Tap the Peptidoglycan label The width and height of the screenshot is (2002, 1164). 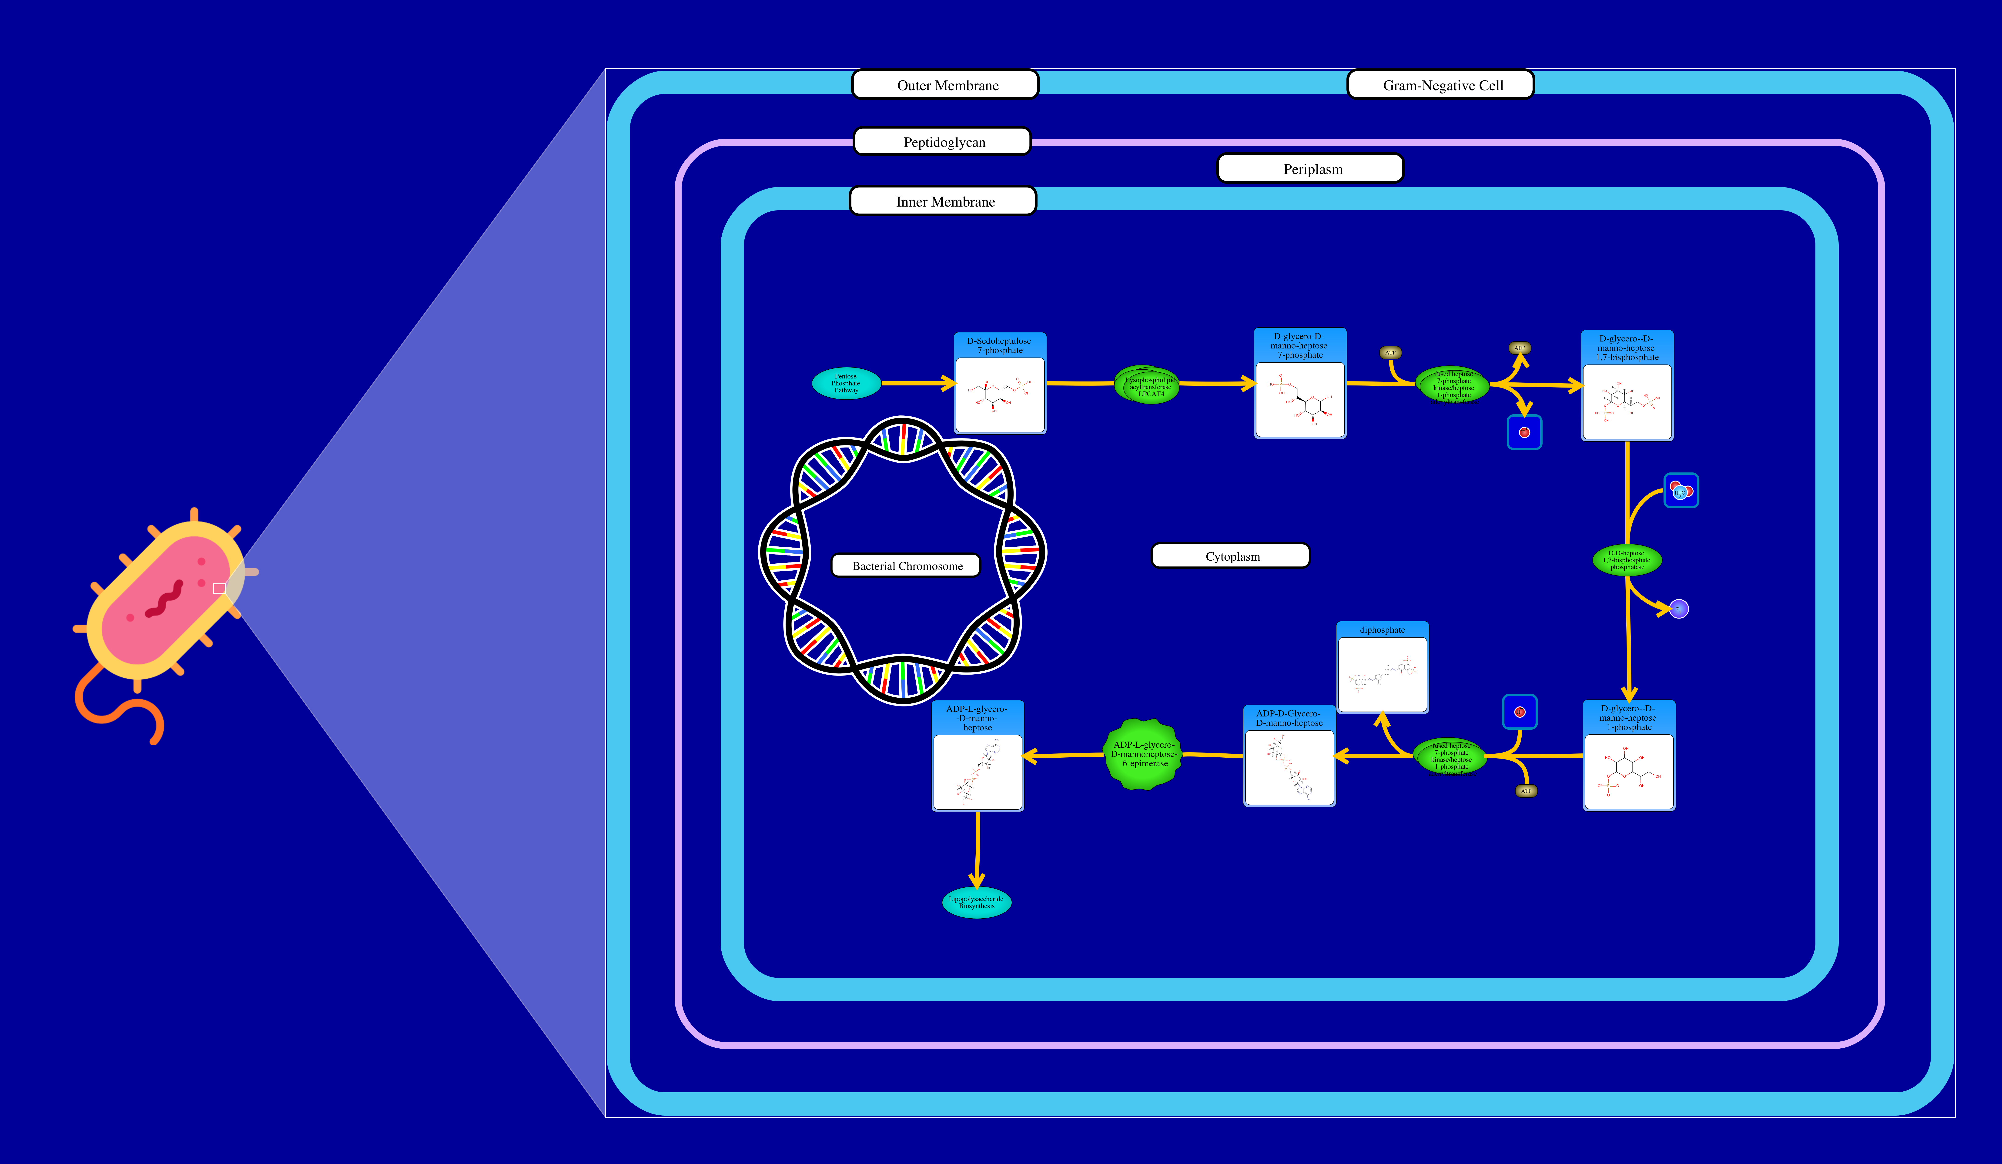(942, 141)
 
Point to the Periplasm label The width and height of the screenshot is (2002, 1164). (1311, 168)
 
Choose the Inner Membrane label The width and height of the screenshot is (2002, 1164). (943, 201)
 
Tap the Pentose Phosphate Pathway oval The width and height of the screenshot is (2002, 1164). (846, 383)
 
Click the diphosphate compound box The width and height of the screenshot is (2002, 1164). (1382, 667)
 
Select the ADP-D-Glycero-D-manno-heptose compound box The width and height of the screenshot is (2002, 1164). (1289, 756)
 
